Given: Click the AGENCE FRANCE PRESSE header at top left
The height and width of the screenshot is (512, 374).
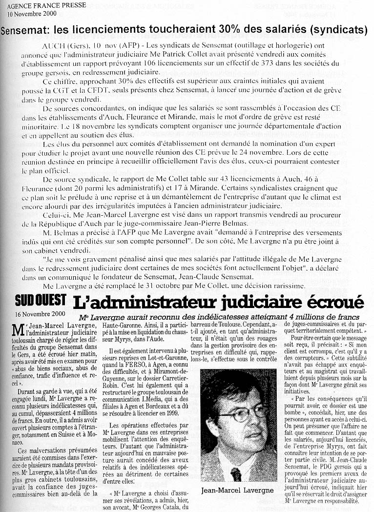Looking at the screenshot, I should click(46, 5).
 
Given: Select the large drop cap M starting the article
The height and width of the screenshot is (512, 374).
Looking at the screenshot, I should click(17, 330).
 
